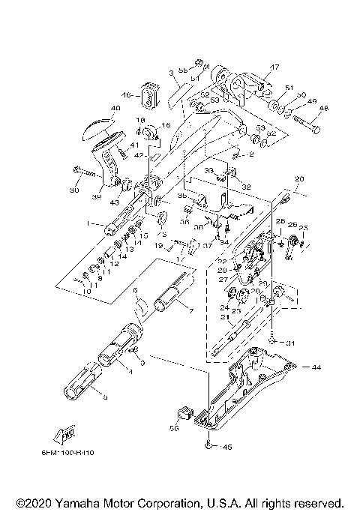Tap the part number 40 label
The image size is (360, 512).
[115, 109]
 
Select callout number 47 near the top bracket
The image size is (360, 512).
[274, 67]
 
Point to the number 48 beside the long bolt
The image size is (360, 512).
[324, 107]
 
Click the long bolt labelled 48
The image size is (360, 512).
[304, 123]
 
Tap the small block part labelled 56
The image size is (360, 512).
[183, 412]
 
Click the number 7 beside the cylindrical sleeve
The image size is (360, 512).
[189, 310]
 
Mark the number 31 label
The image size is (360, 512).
[290, 343]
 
